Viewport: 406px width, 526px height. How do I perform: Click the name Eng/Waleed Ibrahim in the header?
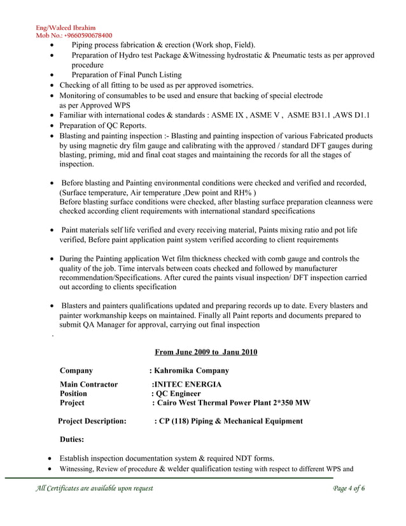click(66, 28)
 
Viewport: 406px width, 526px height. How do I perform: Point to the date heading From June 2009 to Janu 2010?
click(206, 352)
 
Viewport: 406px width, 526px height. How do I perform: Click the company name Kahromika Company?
click(191, 371)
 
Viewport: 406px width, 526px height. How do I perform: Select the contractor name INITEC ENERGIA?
click(188, 385)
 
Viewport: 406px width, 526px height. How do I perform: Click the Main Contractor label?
click(88, 385)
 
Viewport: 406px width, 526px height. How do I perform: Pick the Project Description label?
click(92, 421)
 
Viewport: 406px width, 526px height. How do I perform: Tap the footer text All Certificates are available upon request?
click(94, 488)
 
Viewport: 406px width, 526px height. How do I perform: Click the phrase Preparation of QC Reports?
click(102, 125)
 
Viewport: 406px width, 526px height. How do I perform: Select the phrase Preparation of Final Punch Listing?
click(126, 75)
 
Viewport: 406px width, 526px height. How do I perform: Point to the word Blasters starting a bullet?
click(76, 305)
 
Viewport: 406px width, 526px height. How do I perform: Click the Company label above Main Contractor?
click(76, 371)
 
